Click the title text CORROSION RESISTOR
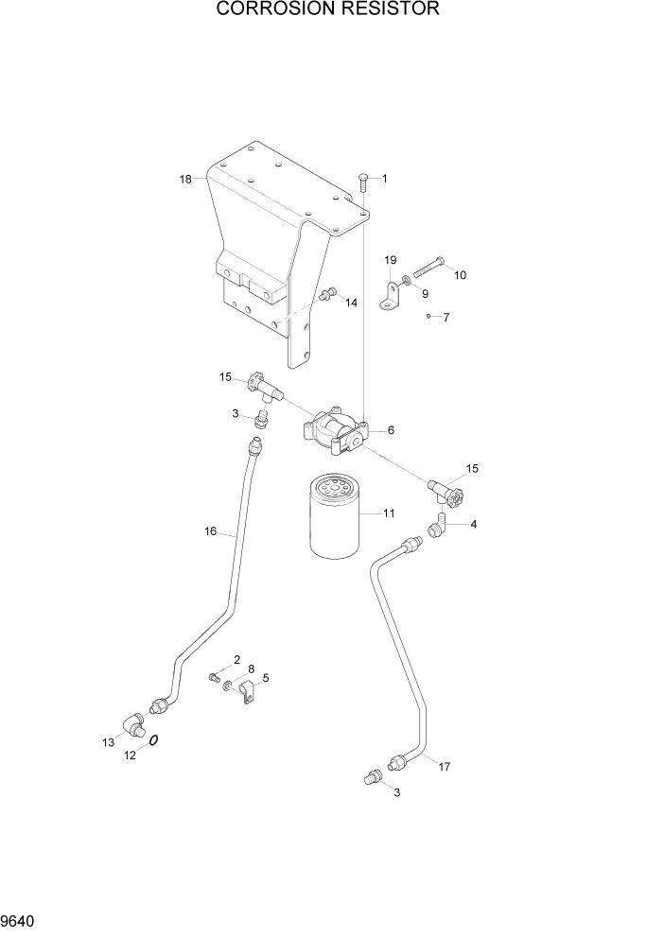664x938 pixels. click(328, 10)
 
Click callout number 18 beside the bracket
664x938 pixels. click(184, 179)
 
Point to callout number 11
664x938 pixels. click(389, 513)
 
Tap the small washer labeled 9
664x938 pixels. click(406, 280)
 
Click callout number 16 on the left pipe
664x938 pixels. click(212, 531)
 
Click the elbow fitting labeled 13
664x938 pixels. click(130, 728)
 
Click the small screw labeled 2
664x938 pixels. click(214, 676)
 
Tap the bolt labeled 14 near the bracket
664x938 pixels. click(328, 295)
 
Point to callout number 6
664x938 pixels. click(391, 430)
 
